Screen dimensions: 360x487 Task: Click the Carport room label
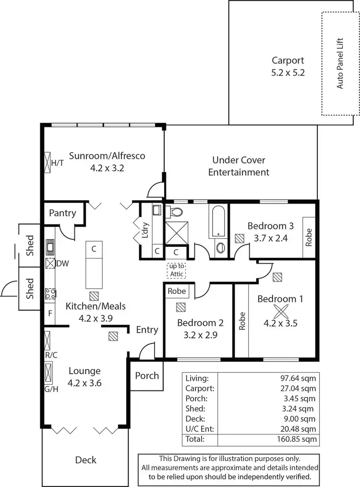tap(288, 61)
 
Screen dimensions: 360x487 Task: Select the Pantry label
tap(62, 212)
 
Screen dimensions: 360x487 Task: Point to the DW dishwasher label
tap(62, 263)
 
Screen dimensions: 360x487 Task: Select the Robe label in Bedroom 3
tap(309, 238)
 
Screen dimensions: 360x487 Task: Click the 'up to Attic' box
tap(176, 270)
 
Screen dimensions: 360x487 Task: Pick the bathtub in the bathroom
tap(218, 220)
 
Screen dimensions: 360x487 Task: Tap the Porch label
tap(146, 375)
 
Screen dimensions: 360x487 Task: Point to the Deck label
tap(85, 460)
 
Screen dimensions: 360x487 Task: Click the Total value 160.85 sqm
tap(299, 439)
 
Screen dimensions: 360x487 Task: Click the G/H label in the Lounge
tap(51, 389)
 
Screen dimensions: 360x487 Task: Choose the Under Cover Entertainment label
tap(239, 166)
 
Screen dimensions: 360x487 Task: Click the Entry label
tap(147, 329)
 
